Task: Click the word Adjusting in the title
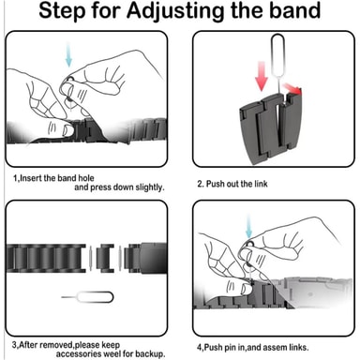pos(176,11)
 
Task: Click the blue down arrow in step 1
pos(68,54)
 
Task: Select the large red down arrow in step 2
pos(262,76)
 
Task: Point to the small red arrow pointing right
pos(292,88)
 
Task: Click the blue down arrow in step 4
pos(248,226)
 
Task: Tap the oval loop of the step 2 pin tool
pos(277,55)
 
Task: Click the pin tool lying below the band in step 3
pos(87,297)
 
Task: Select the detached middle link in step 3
pos(105,259)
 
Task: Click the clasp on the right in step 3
pos(145,259)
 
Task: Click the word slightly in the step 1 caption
pos(149,187)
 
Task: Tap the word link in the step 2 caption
pos(261,184)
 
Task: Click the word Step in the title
pos(62,11)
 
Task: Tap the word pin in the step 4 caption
pos(230,348)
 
